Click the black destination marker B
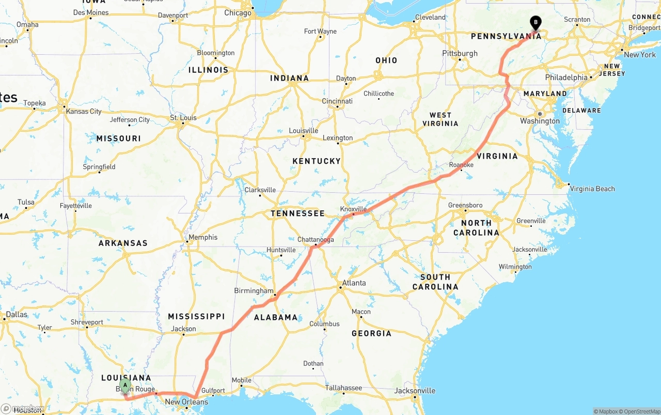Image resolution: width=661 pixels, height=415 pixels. [536, 22]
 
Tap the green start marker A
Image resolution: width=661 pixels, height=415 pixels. [125, 386]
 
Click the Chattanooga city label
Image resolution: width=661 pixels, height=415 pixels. [316, 240]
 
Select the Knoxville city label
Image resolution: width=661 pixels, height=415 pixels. [354, 209]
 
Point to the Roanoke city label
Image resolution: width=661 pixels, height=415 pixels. [461, 165]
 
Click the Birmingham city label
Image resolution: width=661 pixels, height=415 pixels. [254, 291]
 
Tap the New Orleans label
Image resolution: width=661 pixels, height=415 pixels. [186, 402]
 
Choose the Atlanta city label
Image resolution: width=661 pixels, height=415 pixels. [354, 283]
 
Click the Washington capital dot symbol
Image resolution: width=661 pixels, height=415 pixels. [539, 114]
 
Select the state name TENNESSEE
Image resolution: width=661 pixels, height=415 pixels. [298, 213]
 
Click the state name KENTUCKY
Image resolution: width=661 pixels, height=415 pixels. [317, 161]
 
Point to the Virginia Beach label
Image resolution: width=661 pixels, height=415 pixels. [592, 189]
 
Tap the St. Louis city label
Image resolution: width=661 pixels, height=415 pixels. [183, 118]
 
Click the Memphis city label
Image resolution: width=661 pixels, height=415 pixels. [203, 237]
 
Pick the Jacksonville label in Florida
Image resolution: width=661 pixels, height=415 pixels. [415, 391]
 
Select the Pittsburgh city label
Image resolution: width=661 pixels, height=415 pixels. [460, 53]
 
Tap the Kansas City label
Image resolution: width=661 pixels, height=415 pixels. [83, 111]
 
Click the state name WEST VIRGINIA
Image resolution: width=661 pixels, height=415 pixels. [440, 119]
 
